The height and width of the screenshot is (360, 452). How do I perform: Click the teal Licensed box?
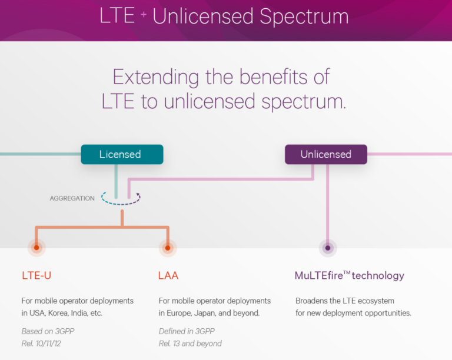(x=122, y=154)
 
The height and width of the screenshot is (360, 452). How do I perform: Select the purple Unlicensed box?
(x=326, y=154)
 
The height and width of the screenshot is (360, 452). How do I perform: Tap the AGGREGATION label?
(x=72, y=198)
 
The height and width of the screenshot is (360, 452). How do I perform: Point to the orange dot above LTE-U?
(x=36, y=248)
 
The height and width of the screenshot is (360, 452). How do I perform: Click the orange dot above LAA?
(x=168, y=248)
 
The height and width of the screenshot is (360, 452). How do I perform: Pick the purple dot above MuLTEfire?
(x=328, y=248)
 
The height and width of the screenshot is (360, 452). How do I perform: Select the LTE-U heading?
(x=36, y=276)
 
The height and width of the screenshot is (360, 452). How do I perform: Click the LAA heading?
(x=168, y=276)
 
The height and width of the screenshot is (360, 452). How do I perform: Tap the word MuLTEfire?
(x=319, y=276)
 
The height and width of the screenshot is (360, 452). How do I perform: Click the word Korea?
(x=58, y=313)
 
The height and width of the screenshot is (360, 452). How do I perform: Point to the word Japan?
(x=205, y=313)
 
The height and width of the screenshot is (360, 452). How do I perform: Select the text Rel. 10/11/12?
(x=41, y=344)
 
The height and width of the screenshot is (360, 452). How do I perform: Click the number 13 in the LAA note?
(x=177, y=344)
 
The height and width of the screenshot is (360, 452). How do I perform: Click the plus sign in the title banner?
(x=144, y=14)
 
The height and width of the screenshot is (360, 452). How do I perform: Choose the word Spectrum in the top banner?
(x=304, y=16)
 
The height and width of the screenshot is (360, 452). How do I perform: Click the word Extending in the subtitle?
(x=155, y=77)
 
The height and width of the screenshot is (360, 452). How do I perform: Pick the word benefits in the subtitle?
(x=273, y=76)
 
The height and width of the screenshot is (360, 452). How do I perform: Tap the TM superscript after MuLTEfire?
(x=347, y=272)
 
